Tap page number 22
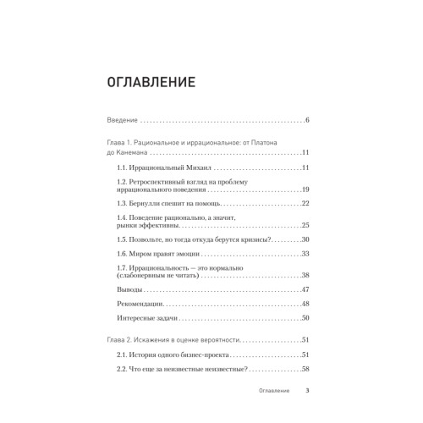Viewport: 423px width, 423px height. coord(305,204)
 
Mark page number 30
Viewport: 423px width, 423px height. coord(305,239)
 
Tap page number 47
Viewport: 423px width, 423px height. coord(305,290)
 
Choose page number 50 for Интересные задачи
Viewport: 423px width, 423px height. coord(305,318)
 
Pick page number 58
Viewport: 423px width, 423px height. coord(305,369)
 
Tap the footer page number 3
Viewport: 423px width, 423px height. coord(307,393)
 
